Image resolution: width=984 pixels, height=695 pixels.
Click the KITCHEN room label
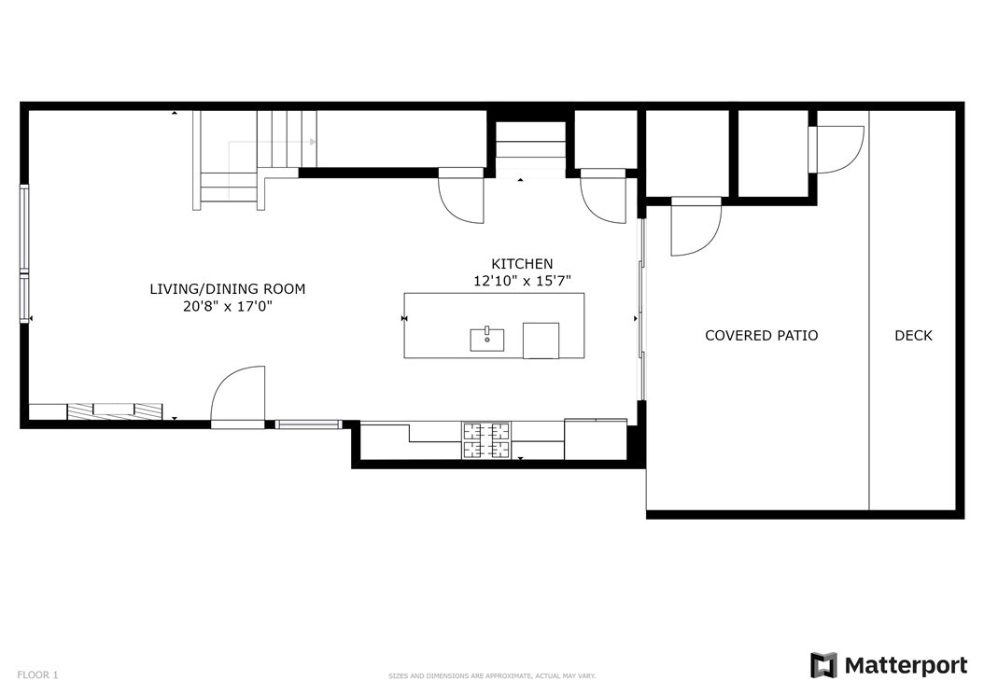click(522, 264)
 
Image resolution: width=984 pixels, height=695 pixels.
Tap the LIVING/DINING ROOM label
click(227, 289)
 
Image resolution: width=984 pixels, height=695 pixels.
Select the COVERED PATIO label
click(761, 336)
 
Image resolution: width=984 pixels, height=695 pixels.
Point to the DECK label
click(913, 336)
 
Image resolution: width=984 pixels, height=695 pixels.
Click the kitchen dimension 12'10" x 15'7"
click(522, 281)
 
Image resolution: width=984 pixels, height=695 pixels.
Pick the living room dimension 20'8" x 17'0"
click(227, 307)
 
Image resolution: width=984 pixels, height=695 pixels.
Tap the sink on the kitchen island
click(487, 340)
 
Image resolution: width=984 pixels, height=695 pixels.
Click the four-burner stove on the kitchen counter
click(486, 441)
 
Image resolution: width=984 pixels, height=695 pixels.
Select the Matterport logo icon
click(823, 665)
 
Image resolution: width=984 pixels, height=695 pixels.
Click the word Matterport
click(906, 665)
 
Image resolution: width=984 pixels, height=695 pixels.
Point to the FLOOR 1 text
click(37, 674)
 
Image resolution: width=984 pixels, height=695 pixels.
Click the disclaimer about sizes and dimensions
click(491, 676)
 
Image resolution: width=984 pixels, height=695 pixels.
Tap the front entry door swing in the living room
click(238, 396)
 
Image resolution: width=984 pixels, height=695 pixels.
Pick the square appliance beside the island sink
click(541, 341)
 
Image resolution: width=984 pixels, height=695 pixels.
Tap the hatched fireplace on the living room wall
click(115, 411)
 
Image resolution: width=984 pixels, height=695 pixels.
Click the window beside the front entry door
click(308, 424)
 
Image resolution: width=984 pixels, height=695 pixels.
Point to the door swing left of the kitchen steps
click(461, 195)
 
